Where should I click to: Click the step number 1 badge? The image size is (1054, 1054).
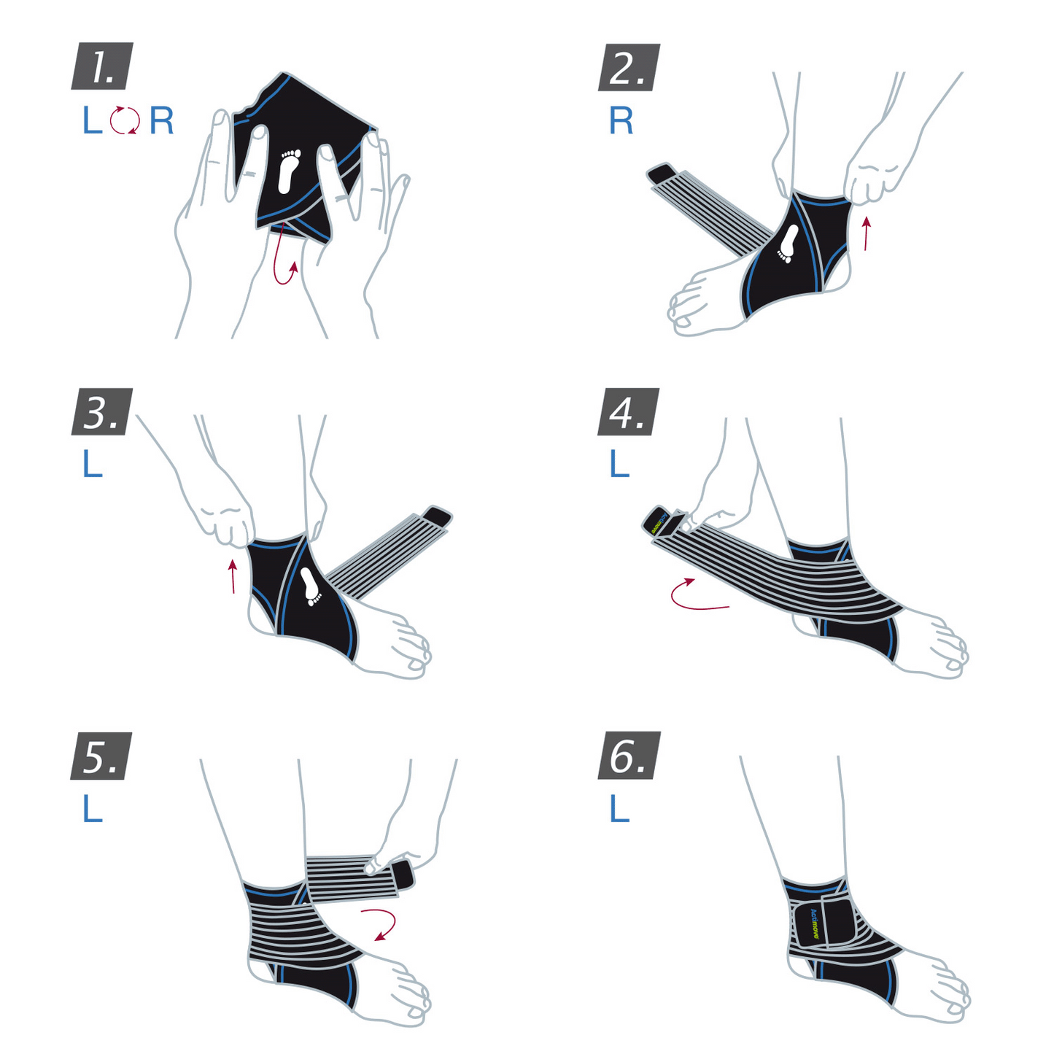102,66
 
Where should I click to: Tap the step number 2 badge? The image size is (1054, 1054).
629,68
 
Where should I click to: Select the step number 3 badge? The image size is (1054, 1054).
102,412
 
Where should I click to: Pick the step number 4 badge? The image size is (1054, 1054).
628,412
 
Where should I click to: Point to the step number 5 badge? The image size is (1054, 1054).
101,756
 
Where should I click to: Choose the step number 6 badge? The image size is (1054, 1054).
629,756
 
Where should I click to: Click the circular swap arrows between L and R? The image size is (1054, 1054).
125,120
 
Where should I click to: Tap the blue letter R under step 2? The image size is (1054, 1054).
621,121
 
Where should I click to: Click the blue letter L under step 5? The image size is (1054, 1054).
92,809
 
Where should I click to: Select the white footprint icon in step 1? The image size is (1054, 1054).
290,171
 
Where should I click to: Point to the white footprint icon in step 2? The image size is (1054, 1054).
788,243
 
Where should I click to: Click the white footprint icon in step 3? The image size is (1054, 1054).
311,586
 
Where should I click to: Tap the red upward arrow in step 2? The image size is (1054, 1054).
866,233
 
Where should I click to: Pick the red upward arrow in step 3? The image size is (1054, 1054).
233,576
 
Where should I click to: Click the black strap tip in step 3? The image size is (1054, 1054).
438,515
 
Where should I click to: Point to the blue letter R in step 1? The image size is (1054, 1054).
162,121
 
